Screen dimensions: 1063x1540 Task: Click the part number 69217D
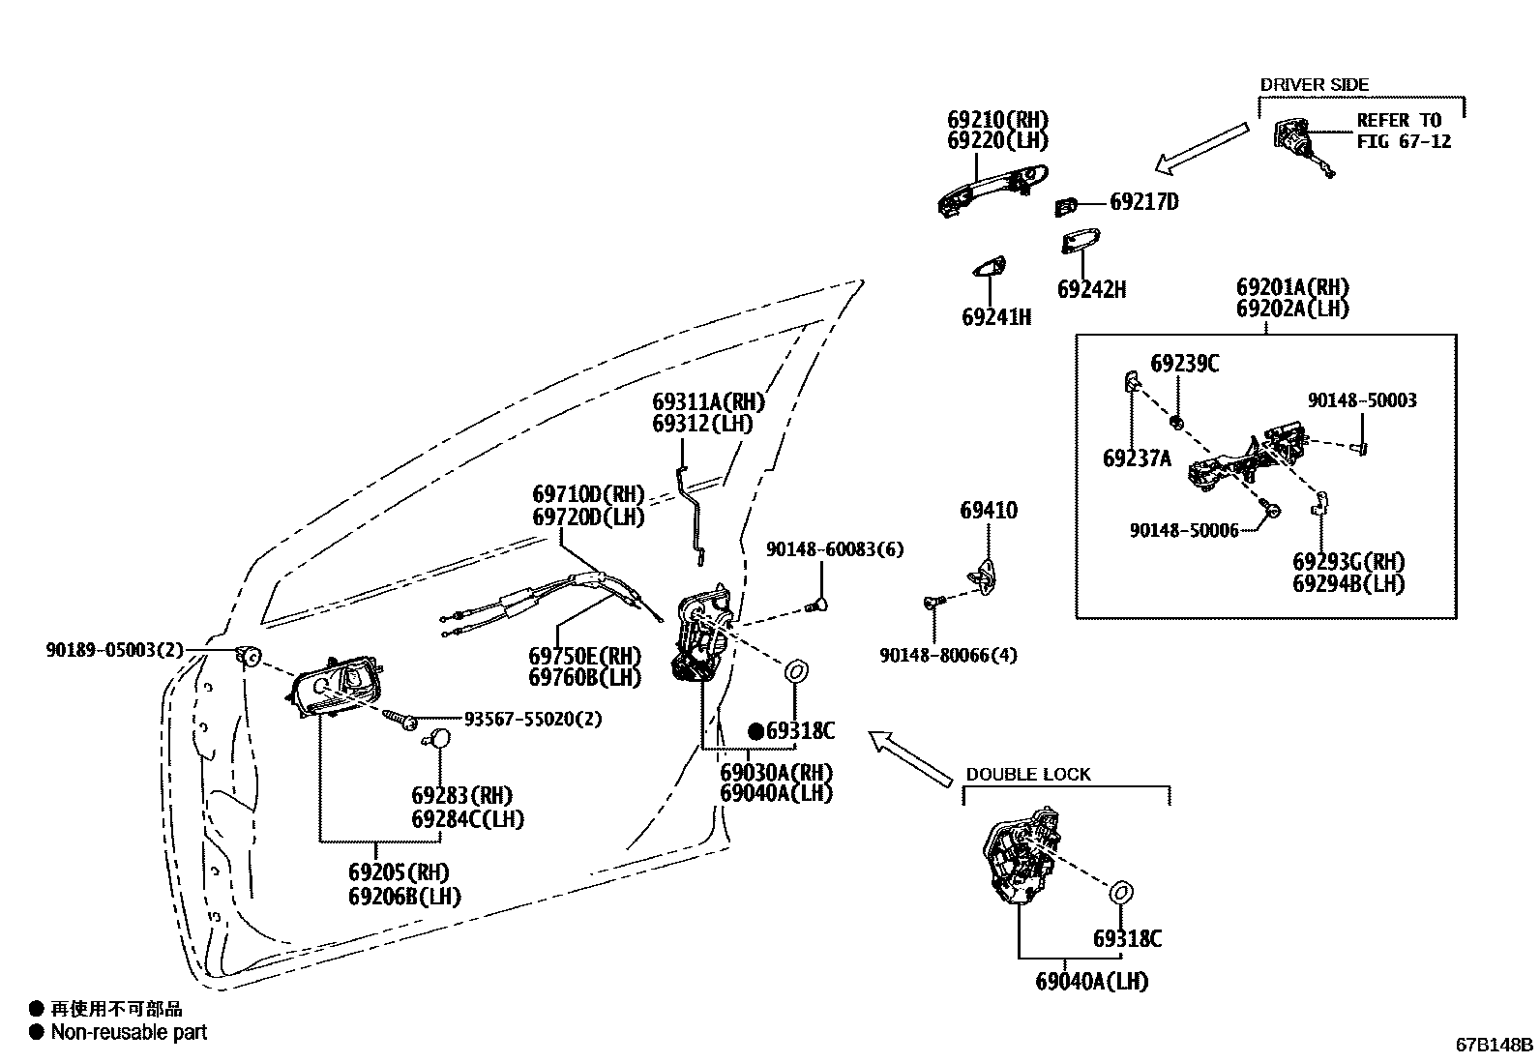(1143, 202)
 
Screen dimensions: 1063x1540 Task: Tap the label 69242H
(1091, 289)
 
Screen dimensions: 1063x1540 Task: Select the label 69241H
(995, 317)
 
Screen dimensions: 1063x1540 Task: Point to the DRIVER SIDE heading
(1314, 85)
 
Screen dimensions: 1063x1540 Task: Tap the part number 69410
(988, 511)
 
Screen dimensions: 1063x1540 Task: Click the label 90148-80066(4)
(948, 655)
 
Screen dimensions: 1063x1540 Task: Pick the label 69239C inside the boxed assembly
(1184, 364)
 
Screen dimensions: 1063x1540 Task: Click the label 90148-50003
(1362, 400)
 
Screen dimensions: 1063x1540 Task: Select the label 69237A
(1136, 458)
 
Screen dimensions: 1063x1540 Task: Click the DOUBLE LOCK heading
(1027, 775)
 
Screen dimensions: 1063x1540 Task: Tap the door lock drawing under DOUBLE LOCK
(1023, 857)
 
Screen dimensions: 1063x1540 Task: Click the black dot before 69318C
(755, 731)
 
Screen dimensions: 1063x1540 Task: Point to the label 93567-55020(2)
(532, 720)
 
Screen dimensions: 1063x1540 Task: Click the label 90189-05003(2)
(114, 650)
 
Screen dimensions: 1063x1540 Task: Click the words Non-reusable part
(129, 1032)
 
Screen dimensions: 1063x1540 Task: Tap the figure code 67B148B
(1495, 1045)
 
